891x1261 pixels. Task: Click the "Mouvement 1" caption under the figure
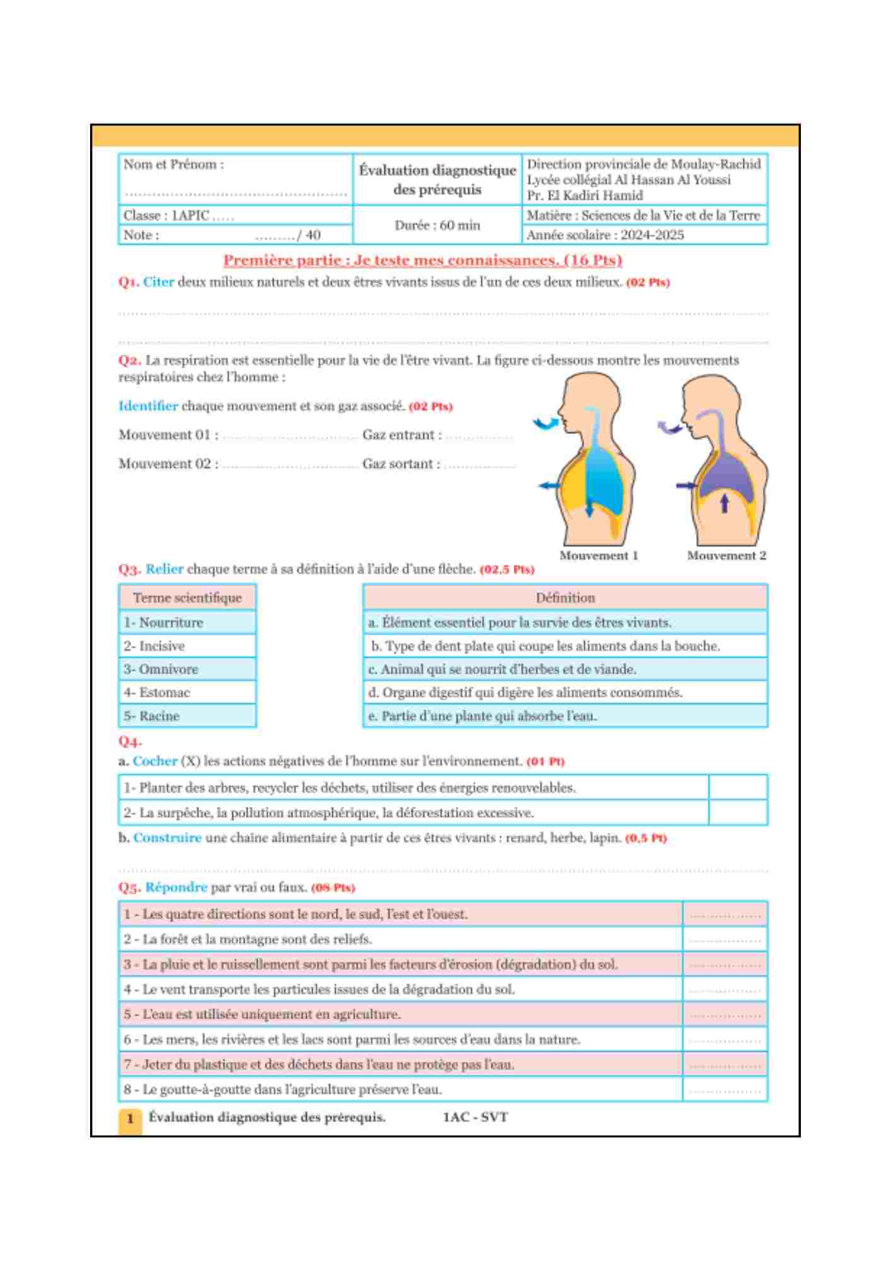click(598, 555)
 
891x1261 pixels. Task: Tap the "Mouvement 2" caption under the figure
click(726, 555)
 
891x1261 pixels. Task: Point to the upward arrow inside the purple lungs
click(724, 503)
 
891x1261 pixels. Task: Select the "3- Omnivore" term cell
click(187, 669)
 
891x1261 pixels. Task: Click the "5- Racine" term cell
click(187, 716)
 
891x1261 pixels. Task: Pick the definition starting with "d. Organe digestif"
click(565, 692)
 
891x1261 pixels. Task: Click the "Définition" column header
click(565, 598)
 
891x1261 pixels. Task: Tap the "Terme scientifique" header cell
click(187, 598)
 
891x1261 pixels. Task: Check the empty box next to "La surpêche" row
click(737, 813)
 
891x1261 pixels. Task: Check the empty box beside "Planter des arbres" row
click(737, 787)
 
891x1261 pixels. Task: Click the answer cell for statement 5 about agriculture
click(725, 1014)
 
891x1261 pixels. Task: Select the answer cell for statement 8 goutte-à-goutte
click(725, 1090)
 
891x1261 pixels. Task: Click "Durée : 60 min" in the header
click(437, 225)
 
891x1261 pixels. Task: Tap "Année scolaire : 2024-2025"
click(605, 235)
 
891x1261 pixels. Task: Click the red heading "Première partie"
click(422, 260)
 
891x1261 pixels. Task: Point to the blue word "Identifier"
click(148, 406)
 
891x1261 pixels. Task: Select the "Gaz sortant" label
click(401, 464)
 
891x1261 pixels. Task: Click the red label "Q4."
click(130, 741)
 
